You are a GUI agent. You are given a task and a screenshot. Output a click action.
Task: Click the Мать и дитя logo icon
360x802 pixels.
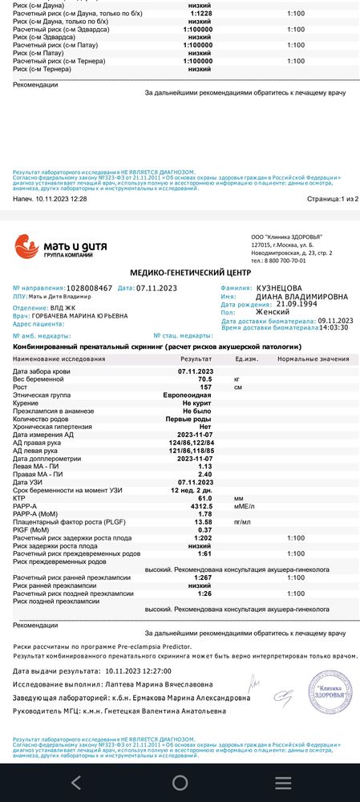point(26,245)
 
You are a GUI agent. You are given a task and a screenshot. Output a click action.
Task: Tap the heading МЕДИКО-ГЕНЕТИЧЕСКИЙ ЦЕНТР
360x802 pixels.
point(180,273)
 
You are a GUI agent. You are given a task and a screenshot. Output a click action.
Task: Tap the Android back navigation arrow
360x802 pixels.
point(76,783)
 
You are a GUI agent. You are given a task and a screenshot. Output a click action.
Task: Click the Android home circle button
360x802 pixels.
point(180,783)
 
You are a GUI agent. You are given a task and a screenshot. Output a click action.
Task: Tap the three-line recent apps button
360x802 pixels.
point(283,783)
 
